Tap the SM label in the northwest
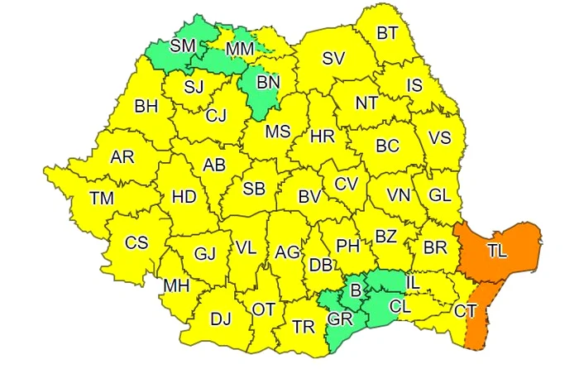(183, 46)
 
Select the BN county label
(268, 83)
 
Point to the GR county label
(339, 320)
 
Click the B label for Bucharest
(356, 290)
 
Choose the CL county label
(400, 306)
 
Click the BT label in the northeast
(387, 34)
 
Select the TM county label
(103, 199)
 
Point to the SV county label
(333, 59)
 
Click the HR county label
(322, 137)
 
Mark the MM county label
(240, 50)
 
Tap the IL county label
(414, 284)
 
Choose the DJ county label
(221, 319)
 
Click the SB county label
(254, 189)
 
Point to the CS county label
(136, 243)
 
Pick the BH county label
(146, 106)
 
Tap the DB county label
(321, 265)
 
